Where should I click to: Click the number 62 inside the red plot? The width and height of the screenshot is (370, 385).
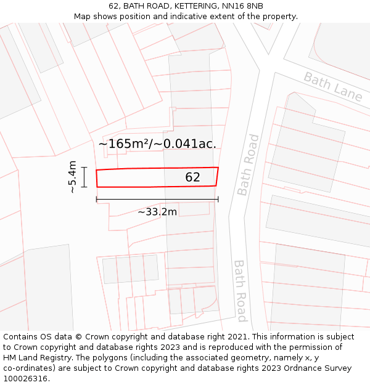click(192, 177)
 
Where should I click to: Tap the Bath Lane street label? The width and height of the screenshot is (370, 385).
click(332, 86)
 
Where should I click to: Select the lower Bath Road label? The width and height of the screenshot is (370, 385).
click(240, 290)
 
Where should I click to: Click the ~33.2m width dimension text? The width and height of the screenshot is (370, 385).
click(157, 212)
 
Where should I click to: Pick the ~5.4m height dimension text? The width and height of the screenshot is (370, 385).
click(73, 177)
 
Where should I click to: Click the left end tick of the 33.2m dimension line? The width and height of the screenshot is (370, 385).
click(97, 199)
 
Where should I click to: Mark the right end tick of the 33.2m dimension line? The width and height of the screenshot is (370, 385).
click(218, 199)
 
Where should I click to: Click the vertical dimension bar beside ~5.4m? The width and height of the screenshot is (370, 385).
click(84, 177)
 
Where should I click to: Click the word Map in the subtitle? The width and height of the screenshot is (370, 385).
click(83, 17)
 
